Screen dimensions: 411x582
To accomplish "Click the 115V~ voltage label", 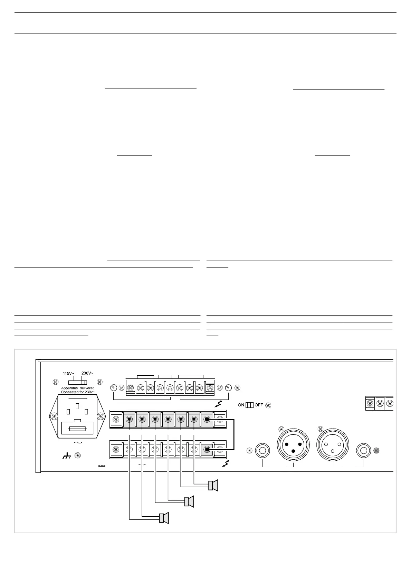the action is (68, 374).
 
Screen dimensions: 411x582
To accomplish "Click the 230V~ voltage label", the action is (87, 373).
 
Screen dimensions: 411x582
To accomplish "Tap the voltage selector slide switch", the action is (78, 383).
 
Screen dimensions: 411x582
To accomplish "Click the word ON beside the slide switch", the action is (241, 405).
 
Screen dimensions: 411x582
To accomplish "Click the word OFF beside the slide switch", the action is (259, 405).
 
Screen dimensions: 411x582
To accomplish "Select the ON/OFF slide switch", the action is (250, 405).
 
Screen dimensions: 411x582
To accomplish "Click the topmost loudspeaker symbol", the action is (213, 486).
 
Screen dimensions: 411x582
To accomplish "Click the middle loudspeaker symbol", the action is (190, 501).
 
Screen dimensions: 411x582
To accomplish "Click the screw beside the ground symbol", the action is (78, 456).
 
